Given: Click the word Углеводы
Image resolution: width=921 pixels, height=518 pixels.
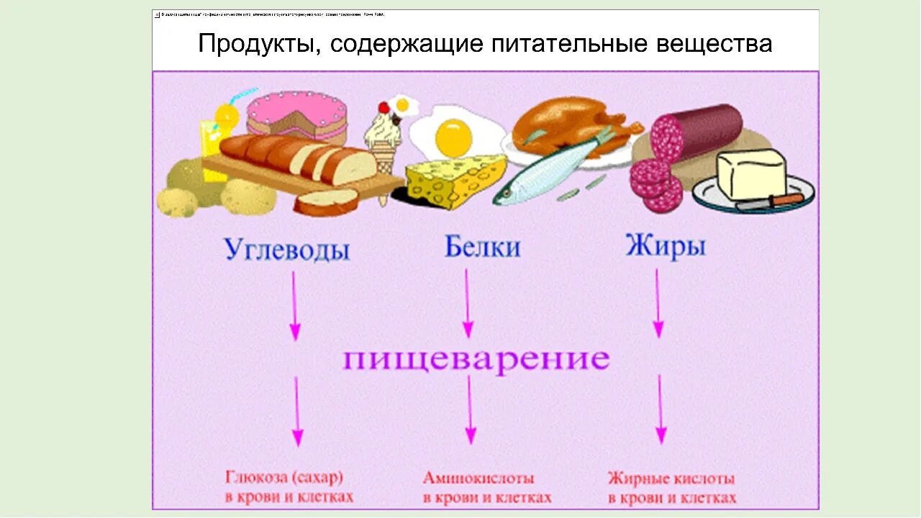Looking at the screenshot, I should point(286,249).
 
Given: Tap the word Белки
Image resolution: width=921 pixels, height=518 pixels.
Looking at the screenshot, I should point(482,247).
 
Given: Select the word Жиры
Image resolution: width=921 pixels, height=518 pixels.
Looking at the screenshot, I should point(665,246).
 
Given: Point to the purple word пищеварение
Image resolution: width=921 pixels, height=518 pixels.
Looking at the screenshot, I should point(476,359).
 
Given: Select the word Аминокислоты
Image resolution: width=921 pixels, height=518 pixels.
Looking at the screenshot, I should point(478,478).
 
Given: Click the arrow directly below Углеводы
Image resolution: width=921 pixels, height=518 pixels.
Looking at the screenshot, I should point(294,306).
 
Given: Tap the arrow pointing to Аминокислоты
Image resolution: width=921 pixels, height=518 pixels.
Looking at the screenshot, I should point(470,410).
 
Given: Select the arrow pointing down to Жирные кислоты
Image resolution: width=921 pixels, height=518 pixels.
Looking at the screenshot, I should point(661,410).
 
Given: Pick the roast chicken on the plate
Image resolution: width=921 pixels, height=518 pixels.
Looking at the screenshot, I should point(568,122).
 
